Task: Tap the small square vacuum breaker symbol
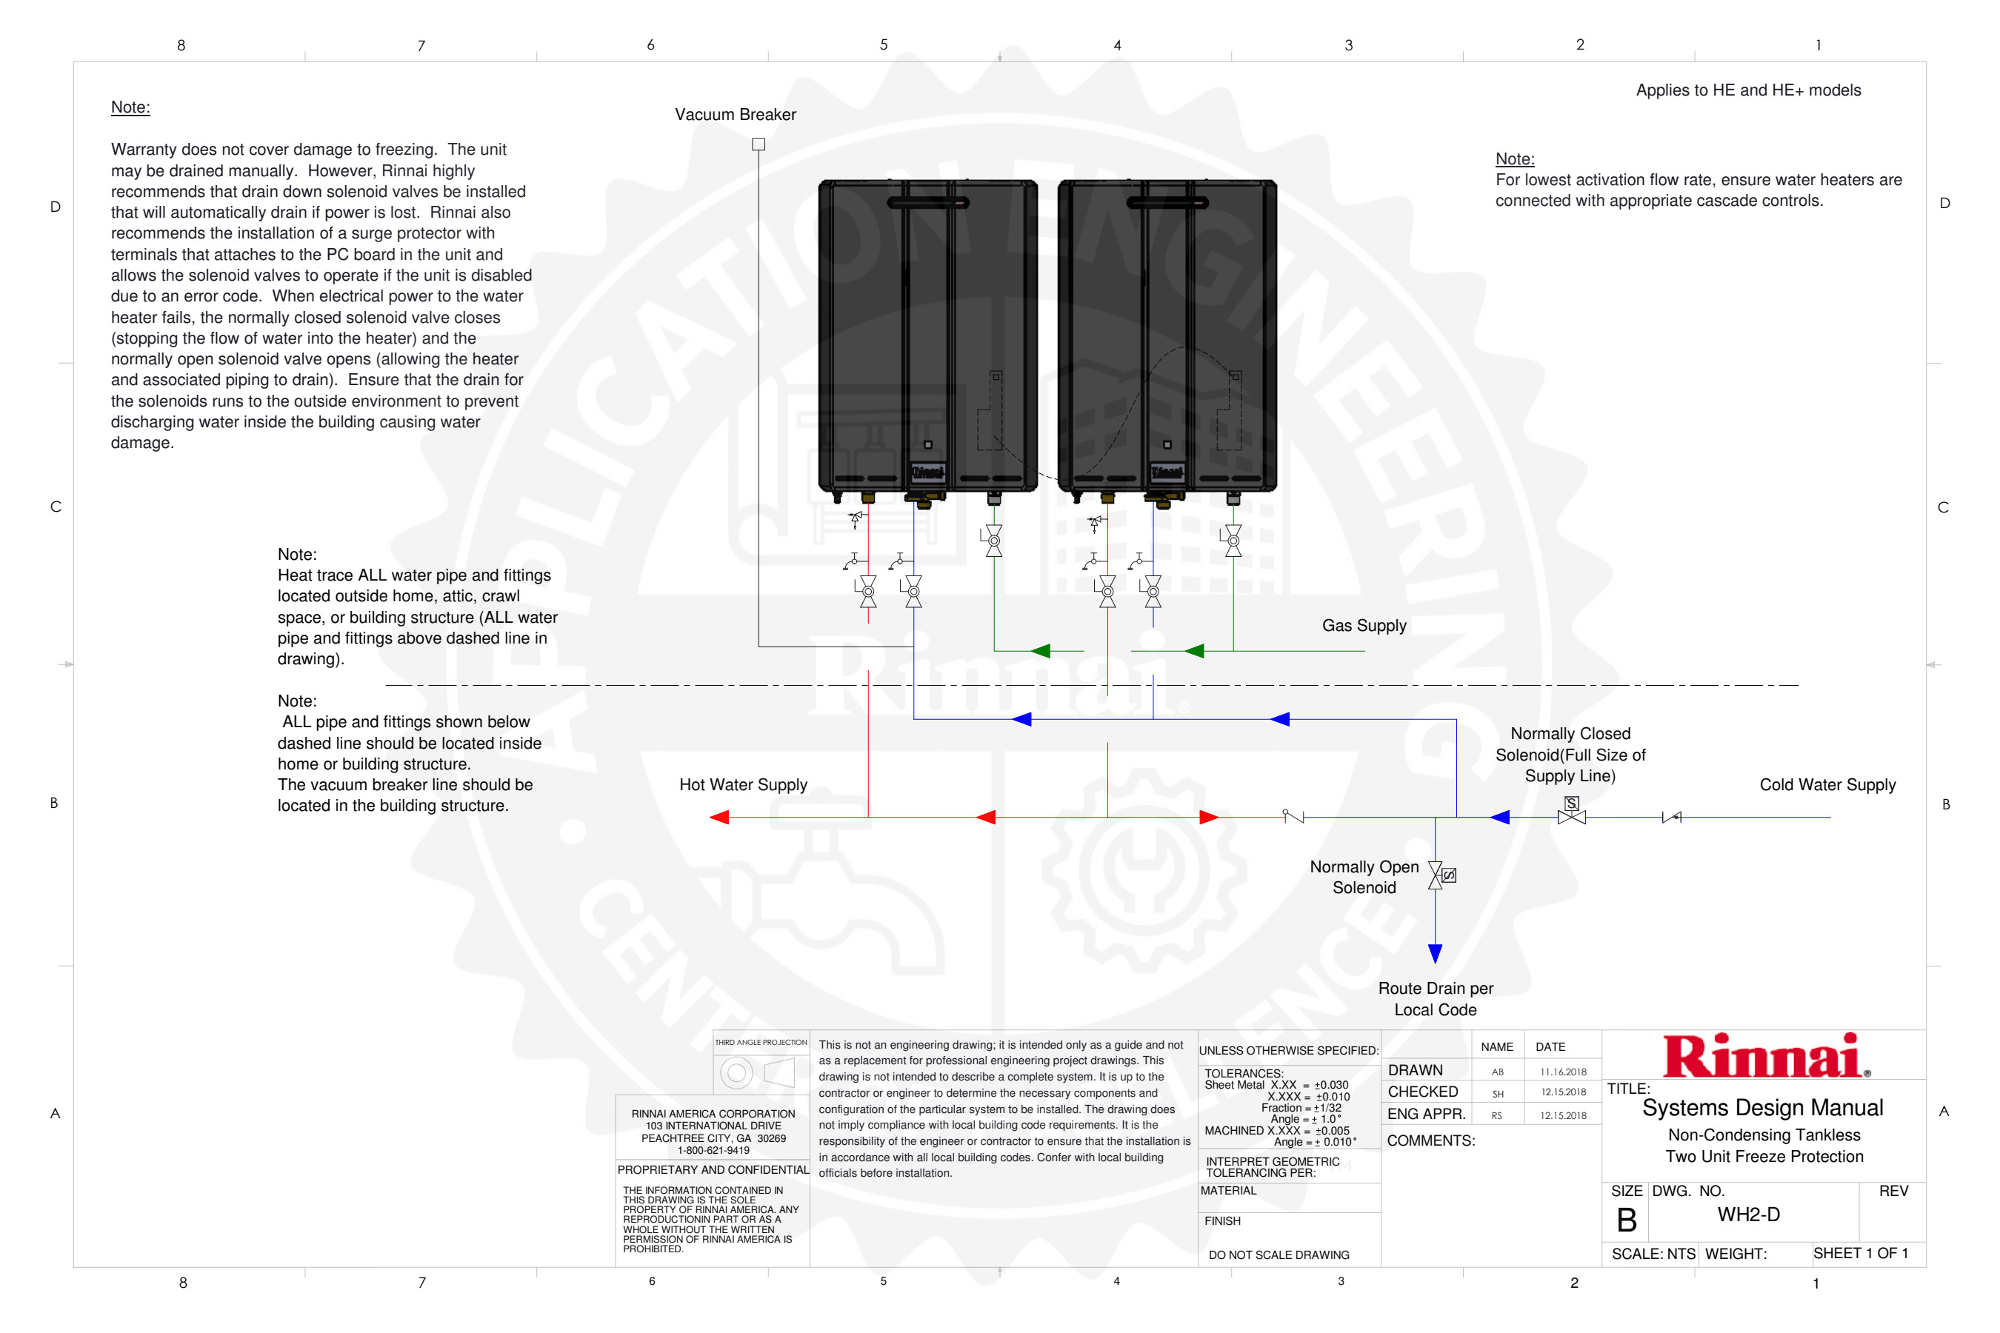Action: click(759, 144)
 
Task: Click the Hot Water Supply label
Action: click(742, 785)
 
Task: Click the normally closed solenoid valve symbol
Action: click(1570, 812)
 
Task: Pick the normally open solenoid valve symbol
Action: click(1439, 875)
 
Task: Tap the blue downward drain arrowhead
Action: click(1435, 953)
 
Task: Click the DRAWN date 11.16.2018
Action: click(1562, 1072)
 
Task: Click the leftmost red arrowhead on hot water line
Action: click(719, 817)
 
